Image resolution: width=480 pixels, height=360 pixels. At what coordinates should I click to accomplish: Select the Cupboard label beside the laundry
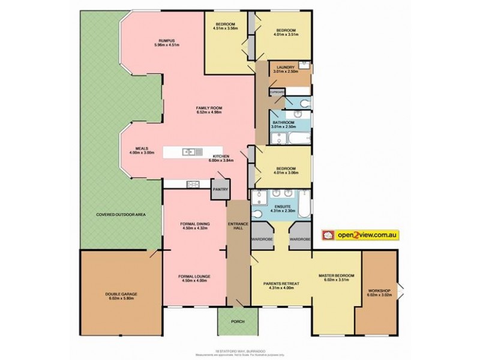click(x=276, y=91)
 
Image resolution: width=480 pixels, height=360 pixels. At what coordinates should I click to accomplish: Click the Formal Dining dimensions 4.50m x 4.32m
click(x=194, y=229)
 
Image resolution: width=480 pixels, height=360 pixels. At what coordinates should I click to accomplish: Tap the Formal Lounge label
click(x=194, y=277)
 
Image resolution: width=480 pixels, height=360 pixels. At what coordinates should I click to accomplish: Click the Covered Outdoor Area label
click(x=122, y=214)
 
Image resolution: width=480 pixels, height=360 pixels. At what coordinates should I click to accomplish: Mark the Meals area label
click(x=142, y=149)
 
